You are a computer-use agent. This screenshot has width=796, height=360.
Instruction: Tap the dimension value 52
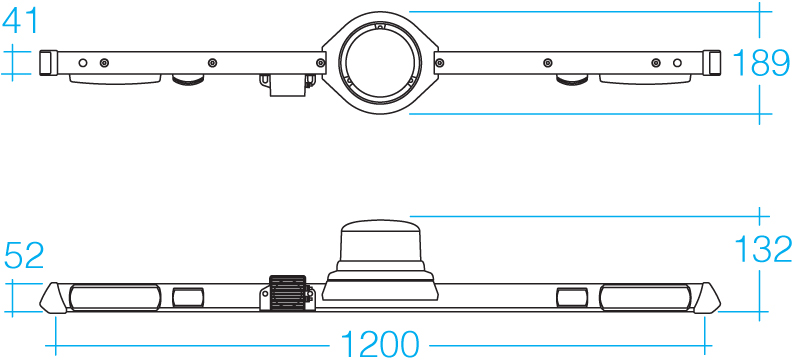pyautogui.click(x=25, y=256)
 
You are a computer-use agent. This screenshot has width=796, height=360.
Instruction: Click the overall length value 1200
pyautogui.click(x=380, y=345)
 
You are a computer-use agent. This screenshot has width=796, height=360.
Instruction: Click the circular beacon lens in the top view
pyautogui.click(x=380, y=62)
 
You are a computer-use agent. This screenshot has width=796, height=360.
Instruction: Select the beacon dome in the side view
pyautogui.click(x=380, y=240)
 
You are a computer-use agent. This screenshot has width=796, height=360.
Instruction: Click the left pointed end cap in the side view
pyautogui.click(x=53, y=297)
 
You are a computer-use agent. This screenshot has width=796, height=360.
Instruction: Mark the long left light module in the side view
pyautogui.click(x=114, y=297)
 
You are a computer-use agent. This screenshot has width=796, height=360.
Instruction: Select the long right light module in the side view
pyautogui.click(x=645, y=297)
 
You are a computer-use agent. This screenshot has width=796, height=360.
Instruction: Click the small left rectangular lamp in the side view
pyautogui.click(x=188, y=297)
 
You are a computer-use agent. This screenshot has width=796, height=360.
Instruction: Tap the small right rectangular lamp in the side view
pyautogui.click(x=572, y=297)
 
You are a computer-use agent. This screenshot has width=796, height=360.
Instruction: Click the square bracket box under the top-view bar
pyautogui.click(x=287, y=85)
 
